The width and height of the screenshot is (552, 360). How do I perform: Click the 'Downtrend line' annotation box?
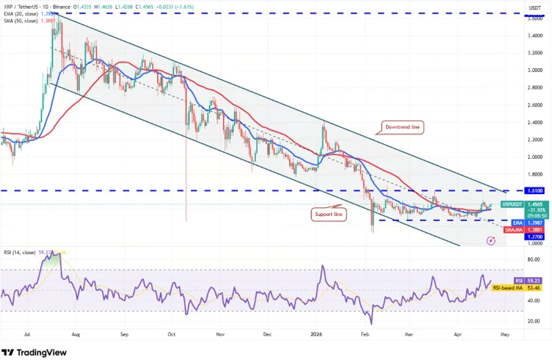pyautogui.click(x=403, y=127)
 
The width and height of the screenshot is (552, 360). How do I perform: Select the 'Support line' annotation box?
pyautogui.click(x=329, y=213)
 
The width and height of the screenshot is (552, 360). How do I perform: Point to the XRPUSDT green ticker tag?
pyautogui.click(x=513, y=204)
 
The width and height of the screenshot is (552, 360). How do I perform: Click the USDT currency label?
pyautogui.click(x=535, y=7)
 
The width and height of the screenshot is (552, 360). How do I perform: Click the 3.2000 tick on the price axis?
pyautogui.click(x=534, y=53)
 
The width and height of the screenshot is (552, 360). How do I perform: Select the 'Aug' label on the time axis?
pyautogui.click(x=76, y=334)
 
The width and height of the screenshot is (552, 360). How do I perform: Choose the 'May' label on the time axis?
pyautogui.click(x=504, y=334)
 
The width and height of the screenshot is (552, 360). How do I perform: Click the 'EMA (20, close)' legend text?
pyautogui.click(x=21, y=14)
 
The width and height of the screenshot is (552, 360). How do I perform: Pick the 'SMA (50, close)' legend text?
pyautogui.click(x=21, y=21)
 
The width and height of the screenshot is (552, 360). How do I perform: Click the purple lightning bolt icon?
pyautogui.click(x=490, y=240)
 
